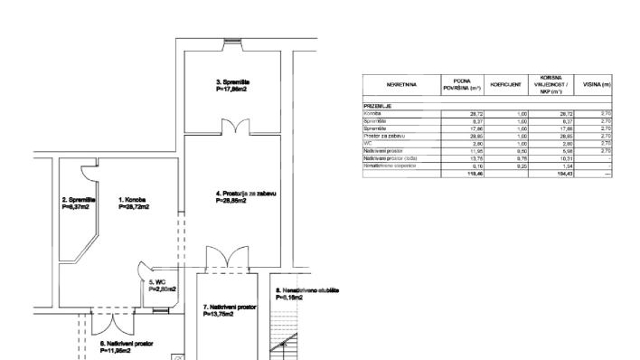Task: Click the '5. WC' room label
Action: click(x=156, y=282)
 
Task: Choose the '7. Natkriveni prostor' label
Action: click(x=231, y=308)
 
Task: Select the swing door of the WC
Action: click(x=145, y=268)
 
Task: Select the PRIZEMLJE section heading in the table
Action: click(x=364, y=106)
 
